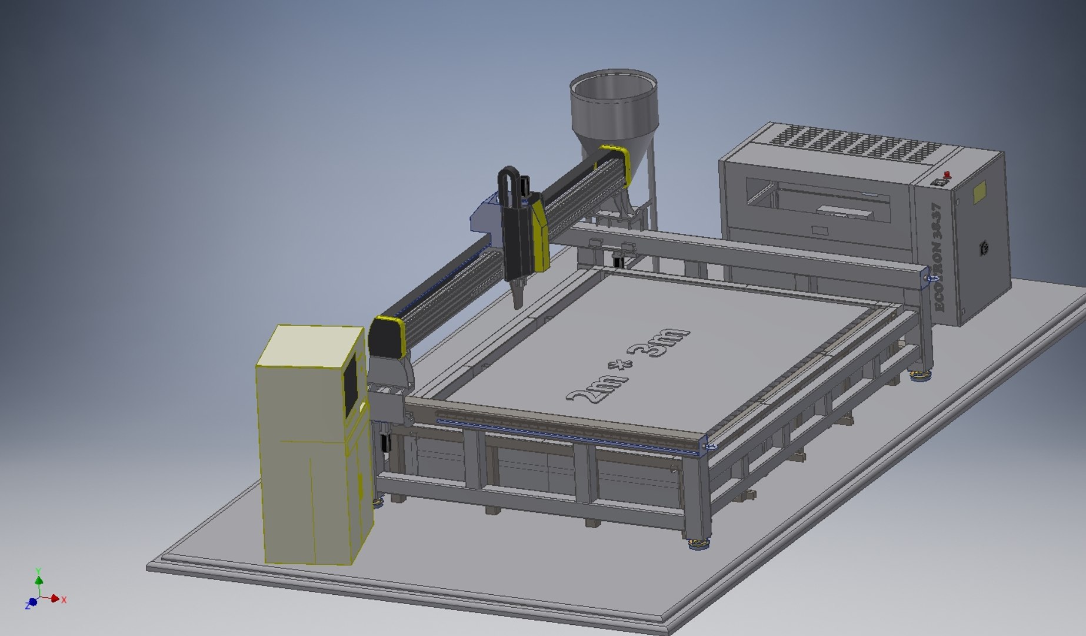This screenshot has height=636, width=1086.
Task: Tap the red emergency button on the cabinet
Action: tap(947, 174)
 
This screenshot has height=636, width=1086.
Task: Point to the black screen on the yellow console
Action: tap(351, 386)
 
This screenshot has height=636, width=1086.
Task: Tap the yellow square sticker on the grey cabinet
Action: tap(980, 192)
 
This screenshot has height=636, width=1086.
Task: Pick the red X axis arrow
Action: tap(56, 599)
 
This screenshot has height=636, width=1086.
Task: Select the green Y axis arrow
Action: tap(39, 581)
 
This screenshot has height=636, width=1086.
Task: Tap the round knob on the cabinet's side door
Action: tap(984, 248)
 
